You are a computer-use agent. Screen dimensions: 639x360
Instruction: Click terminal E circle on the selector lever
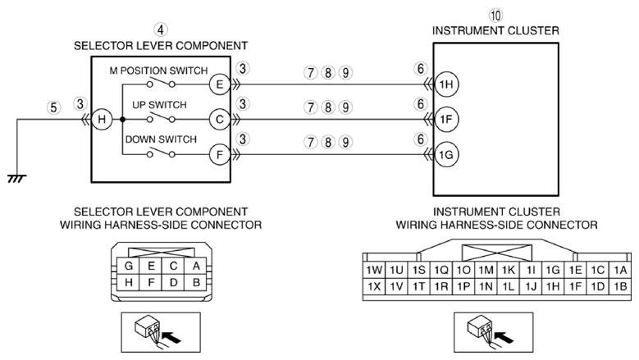tap(220, 84)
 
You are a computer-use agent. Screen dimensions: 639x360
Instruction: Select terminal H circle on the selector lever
tap(102, 120)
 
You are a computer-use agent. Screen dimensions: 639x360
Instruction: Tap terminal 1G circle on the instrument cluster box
tap(446, 155)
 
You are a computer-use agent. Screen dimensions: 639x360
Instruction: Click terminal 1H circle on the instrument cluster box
tap(446, 84)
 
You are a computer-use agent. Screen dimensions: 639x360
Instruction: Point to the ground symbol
tap(16, 179)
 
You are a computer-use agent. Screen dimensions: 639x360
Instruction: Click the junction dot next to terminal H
tap(122, 120)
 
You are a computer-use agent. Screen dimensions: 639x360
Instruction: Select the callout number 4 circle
tap(161, 30)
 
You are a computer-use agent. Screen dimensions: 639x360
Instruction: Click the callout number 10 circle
tap(495, 16)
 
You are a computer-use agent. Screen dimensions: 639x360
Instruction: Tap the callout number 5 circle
tap(53, 107)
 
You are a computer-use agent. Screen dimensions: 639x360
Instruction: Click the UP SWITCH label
tap(159, 105)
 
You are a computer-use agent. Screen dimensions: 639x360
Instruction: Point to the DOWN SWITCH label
tap(161, 139)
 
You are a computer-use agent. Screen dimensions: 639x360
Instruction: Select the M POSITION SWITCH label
tap(158, 71)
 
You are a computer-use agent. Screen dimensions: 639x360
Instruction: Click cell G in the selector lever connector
tap(128, 266)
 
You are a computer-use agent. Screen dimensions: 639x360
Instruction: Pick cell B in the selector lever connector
tap(196, 282)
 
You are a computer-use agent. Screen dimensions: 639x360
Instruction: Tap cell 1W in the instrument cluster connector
tap(374, 270)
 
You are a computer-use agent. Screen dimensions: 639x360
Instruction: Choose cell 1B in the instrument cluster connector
tap(620, 287)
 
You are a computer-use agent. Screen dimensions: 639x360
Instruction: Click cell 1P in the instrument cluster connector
tap(463, 287)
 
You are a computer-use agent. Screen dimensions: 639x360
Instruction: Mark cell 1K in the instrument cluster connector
tap(509, 270)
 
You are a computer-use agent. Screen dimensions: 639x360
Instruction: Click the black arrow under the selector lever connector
tap(171, 336)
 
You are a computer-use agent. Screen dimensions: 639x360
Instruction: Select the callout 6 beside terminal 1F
tap(420, 104)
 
